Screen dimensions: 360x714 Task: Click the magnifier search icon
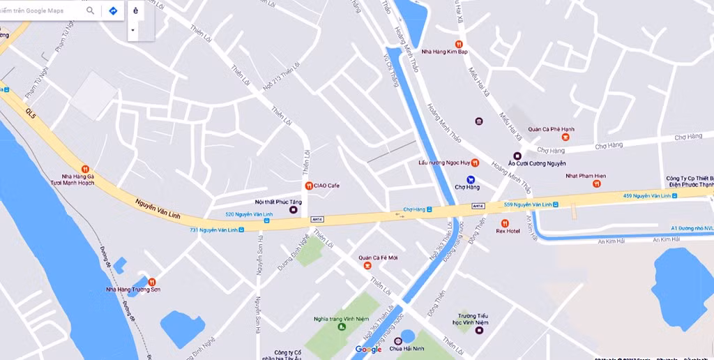pos(91,10)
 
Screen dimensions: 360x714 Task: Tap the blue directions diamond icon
pos(113,10)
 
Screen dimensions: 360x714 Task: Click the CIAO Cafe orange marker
pos(308,186)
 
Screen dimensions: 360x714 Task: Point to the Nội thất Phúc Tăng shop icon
pos(293,209)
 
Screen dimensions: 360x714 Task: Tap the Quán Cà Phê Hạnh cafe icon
pos(565,137)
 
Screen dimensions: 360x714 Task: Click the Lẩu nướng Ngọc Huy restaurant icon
pos(475,163)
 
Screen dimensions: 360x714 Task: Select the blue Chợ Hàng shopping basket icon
pos(471,179)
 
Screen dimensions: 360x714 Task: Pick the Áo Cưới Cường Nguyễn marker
pos(517,156)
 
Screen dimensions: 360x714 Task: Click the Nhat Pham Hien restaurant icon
pos(596,183)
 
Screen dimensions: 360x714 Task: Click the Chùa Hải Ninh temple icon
pos(398,341)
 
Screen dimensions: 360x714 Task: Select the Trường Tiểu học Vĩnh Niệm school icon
pos(479,330)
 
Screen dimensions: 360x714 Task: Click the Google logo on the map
pos(368,349)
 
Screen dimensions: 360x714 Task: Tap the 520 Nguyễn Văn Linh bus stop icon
pos(267,221)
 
